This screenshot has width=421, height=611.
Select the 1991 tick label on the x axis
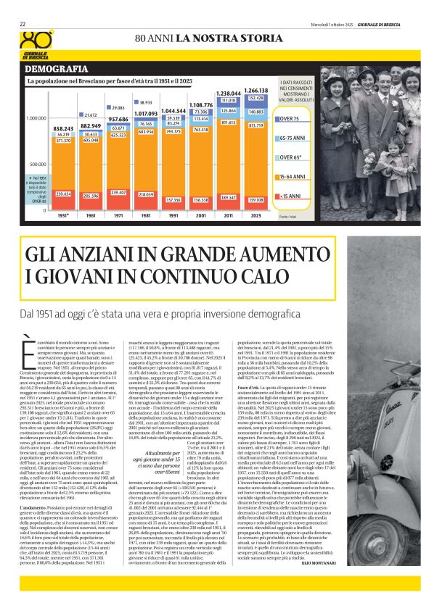coord(173,215)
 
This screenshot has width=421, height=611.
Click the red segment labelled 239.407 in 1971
coord(119,193)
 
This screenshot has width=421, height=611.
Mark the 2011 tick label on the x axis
coord(228,215)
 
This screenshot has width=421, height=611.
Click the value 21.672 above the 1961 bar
coord(91,115)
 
